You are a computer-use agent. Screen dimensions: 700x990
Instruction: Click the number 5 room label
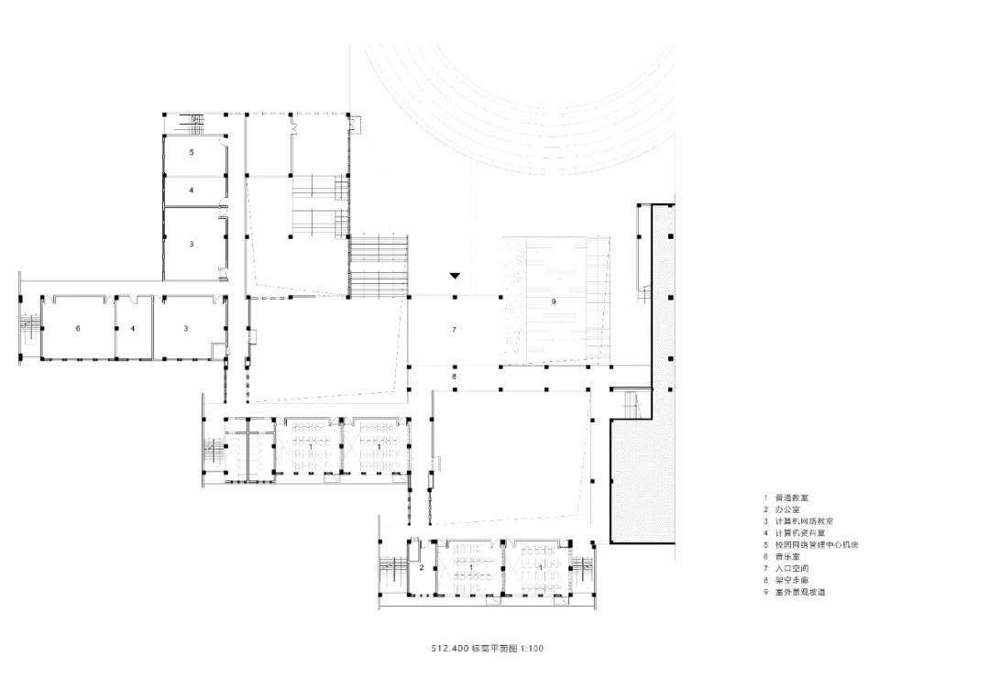pos(192,152)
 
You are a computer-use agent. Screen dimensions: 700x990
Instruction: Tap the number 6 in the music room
pos(78,327)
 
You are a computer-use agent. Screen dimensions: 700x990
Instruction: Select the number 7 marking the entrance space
pos(453,327)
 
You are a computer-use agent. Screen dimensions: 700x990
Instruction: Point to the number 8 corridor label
pos(453,377)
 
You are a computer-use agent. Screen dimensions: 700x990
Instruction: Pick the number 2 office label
pos(421,568)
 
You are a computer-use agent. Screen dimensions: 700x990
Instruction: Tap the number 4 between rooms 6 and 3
pos(133,327)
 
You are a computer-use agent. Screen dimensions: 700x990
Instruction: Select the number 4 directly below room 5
pos(192,191)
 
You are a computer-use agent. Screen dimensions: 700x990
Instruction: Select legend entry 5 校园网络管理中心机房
pos(815,544)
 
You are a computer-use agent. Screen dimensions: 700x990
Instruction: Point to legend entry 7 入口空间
pos(793,568)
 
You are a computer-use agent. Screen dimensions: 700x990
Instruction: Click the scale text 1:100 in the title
pos(532,648)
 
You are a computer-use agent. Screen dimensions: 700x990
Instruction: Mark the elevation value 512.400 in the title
pos(449,648)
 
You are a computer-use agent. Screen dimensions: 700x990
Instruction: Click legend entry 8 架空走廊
pos(793,580)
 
